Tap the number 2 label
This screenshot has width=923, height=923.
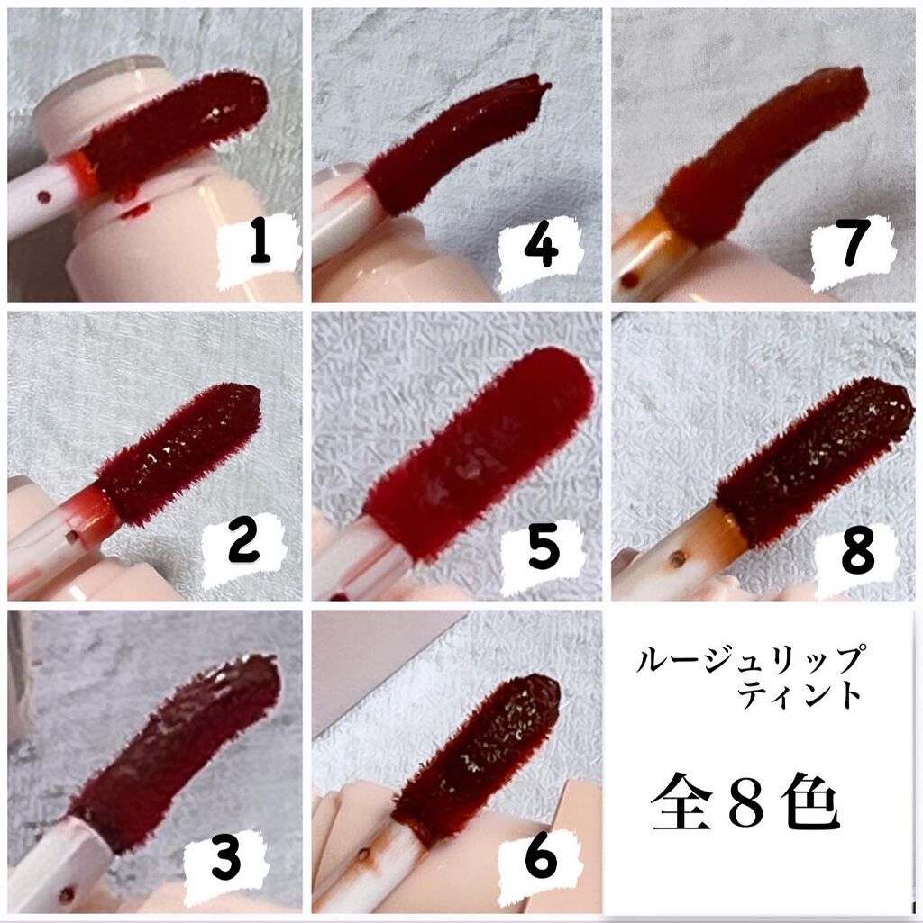click(x=243, y=545)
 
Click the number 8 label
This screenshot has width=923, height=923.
click(x=857, y=552)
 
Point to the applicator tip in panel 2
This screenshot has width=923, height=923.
click(x=179, y=452)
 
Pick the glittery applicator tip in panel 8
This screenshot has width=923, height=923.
click(x=813, y=462)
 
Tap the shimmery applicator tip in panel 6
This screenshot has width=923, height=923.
click(x=478, y=759)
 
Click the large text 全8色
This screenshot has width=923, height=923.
click(x=745, y=802)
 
